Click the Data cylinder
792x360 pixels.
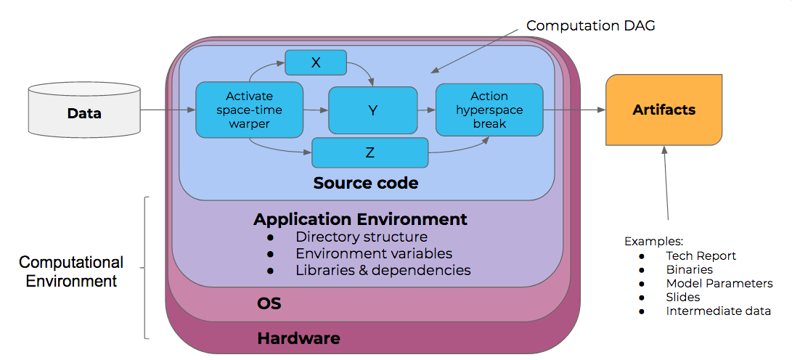pyautogui.click(x=84, y=112)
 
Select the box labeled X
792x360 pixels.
pyautogui.click(x=315, y=62)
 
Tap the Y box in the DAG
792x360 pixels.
pyautogui.click(x=373, y=110)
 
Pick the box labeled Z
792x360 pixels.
pyautogui.click(x=370, y=152)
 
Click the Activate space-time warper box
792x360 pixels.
pyautogui.click(x=249, y=110)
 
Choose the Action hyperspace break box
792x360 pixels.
pyautogui.click(x=489, y=110)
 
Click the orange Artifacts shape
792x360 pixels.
pyautogui.click(x=664, y=110)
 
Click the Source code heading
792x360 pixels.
pyautogui.click(x=366, y=183)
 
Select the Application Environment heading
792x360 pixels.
pyautogui.click(x=360, y=218)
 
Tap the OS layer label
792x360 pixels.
pyautogui.click(x=269, y=303)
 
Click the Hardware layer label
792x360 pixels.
pyautogui.click(x=298, y=338)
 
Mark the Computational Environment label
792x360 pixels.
pyautogui.click(x=71, y=271)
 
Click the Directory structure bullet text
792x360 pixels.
pyautogui.click(x=361, y=237)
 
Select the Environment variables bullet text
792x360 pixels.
pyautogui.click(x=374, y=253)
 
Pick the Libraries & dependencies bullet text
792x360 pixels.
pyautogui.click(x=383, y=270)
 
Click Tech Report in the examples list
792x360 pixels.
pyautogui.click(x=701, y=255)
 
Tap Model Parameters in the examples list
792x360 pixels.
pyautogui.click(x=719, y=283)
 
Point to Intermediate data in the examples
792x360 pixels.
pyautogui.click(x=718, y=311)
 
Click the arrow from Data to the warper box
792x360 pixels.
pyautogui.click(x=168, y=110)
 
